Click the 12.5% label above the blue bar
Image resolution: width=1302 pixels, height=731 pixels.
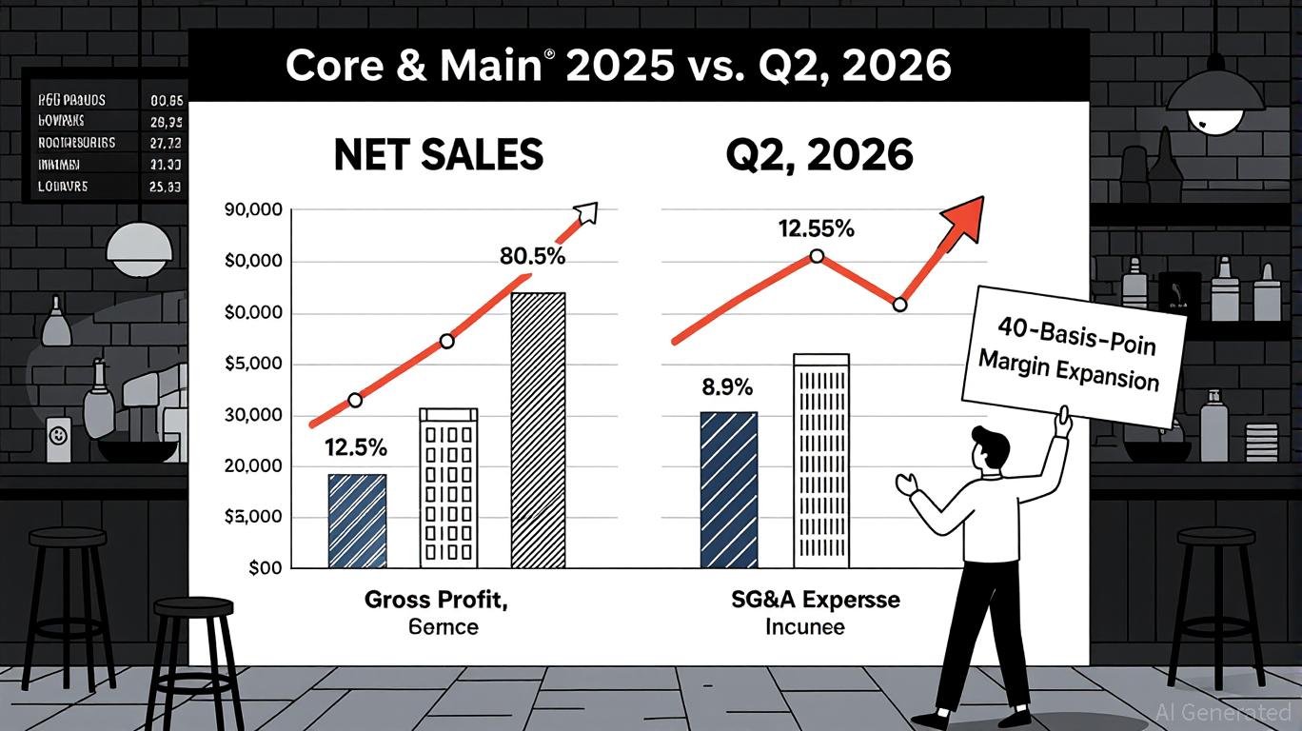click(x=356, y=446)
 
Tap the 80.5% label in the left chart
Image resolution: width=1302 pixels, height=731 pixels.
click(x=532, y=256)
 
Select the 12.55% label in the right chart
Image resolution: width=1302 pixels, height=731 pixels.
click(x=816, y=229)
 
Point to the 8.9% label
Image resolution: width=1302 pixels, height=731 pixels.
click(x=727, y=387)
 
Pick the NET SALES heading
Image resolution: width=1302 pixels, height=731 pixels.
click(x=438, y=154)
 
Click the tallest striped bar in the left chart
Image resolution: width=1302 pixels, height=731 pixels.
click(x=539, y=430)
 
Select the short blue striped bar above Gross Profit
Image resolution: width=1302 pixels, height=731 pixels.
click(x=357, y=522)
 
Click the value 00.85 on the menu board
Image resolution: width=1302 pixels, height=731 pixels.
click(x=167, y=98)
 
